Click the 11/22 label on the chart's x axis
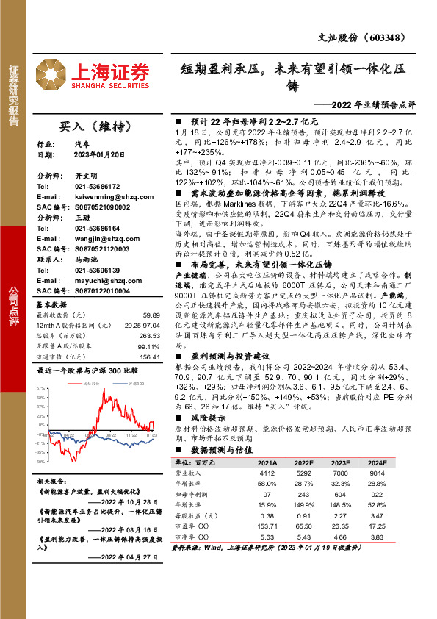tap(131, 435)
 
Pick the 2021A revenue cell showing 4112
tap(267, 474)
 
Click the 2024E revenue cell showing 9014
tap(375, 474)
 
